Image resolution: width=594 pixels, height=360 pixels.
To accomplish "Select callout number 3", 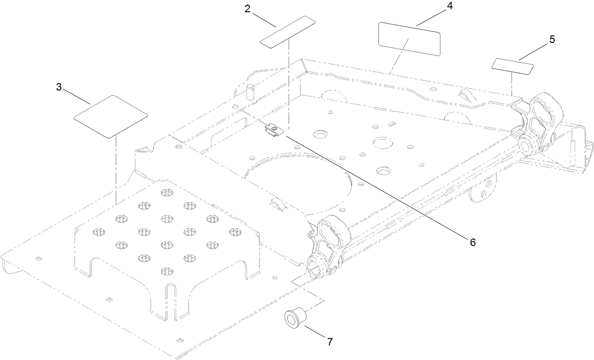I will [59, 87].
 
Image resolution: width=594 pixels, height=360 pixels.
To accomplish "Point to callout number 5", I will [552, 40].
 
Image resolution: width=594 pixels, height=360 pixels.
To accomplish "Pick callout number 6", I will [472, 242].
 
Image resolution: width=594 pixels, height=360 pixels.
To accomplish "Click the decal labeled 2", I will [288, 32].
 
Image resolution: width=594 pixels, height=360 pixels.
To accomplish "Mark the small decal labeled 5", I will [513, 66].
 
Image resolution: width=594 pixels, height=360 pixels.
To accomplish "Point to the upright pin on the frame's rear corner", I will [250, 91].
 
